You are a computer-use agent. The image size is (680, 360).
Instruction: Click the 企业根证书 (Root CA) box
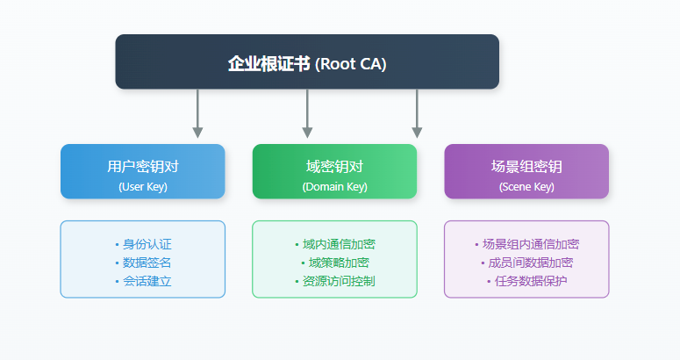click(307, 61)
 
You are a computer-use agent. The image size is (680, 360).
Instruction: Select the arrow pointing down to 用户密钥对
click(197, 113)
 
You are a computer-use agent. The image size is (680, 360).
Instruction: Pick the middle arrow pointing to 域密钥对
click(307, 113)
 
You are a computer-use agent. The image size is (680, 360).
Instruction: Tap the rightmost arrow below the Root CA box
click(417, 113)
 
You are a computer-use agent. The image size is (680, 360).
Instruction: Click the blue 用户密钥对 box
click(142, 171)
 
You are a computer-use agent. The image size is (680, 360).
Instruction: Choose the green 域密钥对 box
click(334, 171)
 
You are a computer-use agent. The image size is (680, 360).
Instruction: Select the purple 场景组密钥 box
click(526, 171)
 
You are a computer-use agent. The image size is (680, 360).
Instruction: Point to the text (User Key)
click(142, 186)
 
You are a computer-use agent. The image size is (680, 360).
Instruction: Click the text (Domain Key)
click(334, 186)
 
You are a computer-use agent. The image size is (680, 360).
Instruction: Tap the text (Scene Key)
click(526, 186)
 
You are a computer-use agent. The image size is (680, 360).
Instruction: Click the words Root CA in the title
click(351, 64)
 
